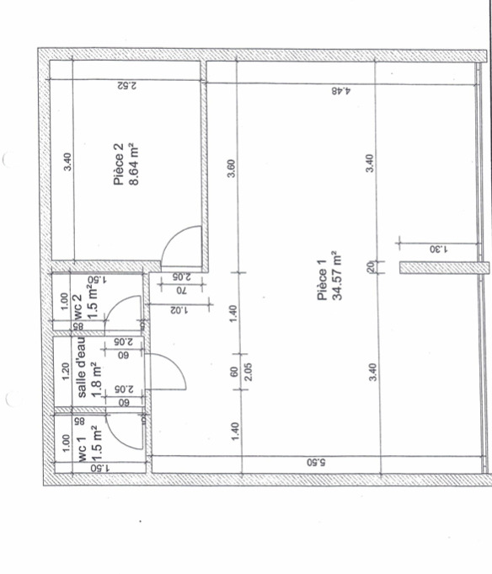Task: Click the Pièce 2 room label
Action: click(119, 164)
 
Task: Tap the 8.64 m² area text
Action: click(133, 164)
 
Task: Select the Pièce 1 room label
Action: click(322, 280)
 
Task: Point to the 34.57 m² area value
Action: click(336, 276)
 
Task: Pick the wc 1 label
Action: click(83, 448)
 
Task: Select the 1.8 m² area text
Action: click(96, 379)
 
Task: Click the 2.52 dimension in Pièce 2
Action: click(127, 86)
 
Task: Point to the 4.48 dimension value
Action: click(341, 91)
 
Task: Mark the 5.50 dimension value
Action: click(317, 463)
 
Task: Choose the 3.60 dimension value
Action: click(231, 168)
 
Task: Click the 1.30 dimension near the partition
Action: click(439, 249)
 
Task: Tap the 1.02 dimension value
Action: click(179, 310)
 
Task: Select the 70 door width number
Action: click(182, 291)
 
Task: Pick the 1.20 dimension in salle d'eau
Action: click(66, 371)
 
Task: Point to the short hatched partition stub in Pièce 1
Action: click(444, 267)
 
